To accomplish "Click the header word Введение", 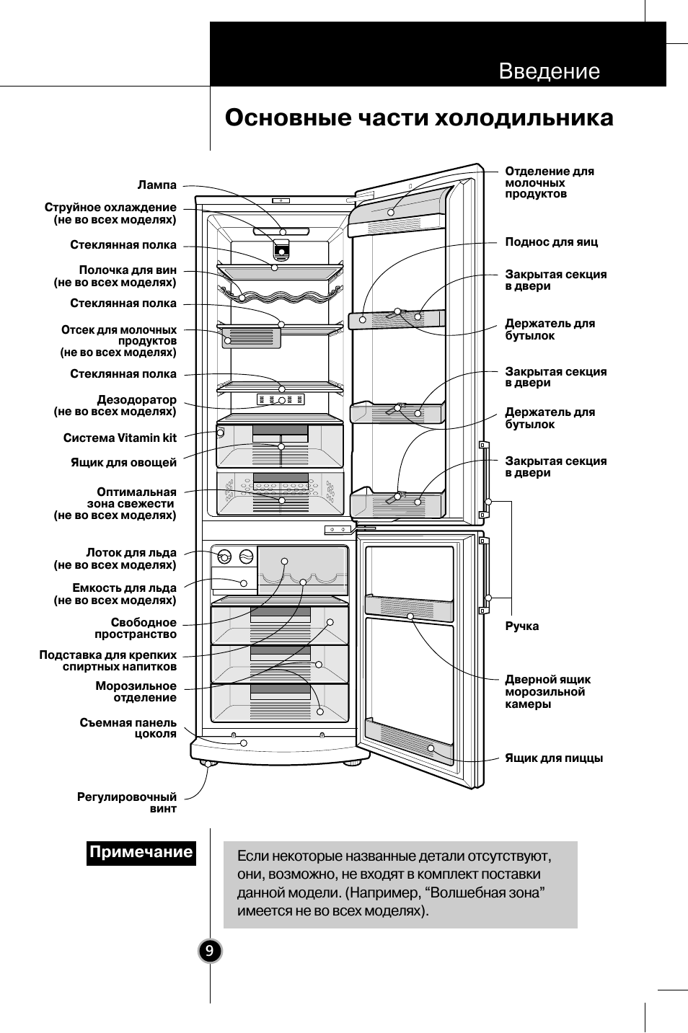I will pos(549,71).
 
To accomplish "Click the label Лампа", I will pos(157,185).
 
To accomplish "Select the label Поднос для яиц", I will pos(551,242).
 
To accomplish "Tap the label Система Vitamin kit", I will pos(120,438).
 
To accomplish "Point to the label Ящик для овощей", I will pos(123,462).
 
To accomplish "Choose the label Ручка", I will pos(521,626).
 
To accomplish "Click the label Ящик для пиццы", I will pos(553,758).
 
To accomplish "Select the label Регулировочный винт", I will pos(127,802).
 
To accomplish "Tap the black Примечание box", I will pos(141,852).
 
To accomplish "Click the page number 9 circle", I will pos(209,952).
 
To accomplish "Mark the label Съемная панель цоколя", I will pos(128,728).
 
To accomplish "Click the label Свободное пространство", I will pos(136,628).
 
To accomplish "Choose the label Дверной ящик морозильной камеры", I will pos(547,691).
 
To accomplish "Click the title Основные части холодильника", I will pos(418,118).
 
